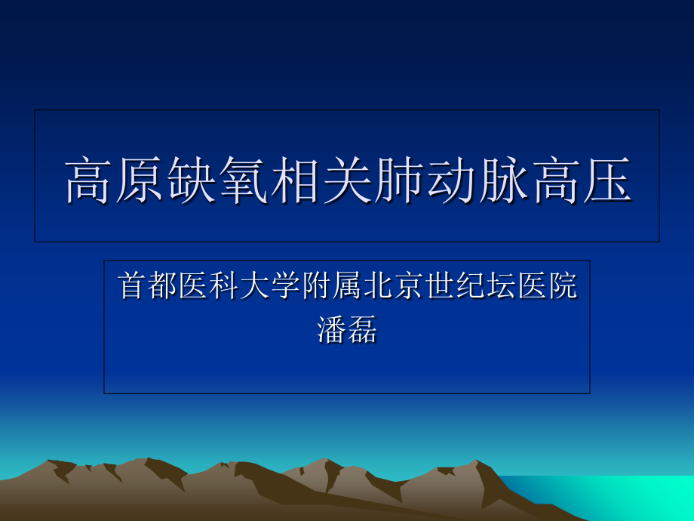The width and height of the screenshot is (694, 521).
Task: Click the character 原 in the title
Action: coord(141,180)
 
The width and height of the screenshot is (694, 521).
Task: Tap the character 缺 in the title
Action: coord(192,180)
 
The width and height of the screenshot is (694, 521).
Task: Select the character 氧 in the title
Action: coord(244,180)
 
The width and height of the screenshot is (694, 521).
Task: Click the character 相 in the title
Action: coord(296,180)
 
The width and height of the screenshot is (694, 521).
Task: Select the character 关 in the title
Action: coord(347,180)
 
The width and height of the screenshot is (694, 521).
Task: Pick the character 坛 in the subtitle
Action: coord(500,287)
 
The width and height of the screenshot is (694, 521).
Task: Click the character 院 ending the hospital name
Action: coord(562,287)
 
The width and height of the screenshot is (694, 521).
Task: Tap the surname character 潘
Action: coord(332,329)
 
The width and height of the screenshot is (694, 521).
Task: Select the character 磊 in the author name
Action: coord(363,329)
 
